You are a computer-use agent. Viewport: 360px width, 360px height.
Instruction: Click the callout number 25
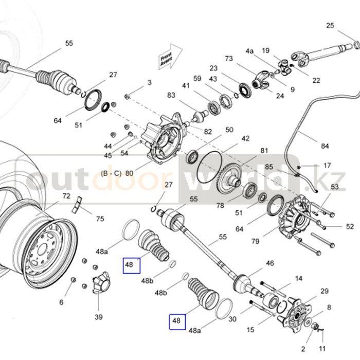click(330, 26)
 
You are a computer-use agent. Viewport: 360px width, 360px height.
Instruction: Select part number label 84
click(325, 146)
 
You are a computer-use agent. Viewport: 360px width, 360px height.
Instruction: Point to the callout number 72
click(66, 196)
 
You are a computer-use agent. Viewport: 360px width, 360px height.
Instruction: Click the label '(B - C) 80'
click(117, 173)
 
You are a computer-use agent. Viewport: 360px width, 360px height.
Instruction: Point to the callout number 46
click(270, 264)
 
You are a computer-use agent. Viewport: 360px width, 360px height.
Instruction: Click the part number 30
click(232, 319)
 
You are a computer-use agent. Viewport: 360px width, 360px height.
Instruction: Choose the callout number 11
click(322, 349)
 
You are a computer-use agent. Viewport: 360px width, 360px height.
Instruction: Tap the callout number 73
click(229, 59)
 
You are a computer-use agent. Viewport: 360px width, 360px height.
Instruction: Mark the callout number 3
click(150, 82)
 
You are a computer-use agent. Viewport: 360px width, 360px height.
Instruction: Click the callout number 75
click(100, 219)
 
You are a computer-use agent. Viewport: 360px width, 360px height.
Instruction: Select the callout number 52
click(350, 226)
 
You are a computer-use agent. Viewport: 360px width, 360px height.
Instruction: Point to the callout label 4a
click(249, 51)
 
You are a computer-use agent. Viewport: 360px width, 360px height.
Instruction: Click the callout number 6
click(61, 302)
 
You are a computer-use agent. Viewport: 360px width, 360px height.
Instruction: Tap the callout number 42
click(245, 138)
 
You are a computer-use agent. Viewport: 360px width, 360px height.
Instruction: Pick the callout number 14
click(299, 279)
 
